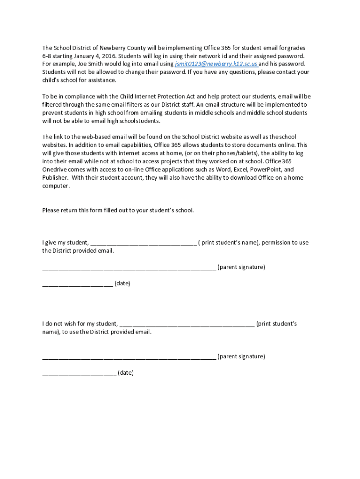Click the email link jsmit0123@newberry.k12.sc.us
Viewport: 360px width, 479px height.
(216, 64)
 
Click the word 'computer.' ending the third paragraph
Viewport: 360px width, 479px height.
(56, 186)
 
